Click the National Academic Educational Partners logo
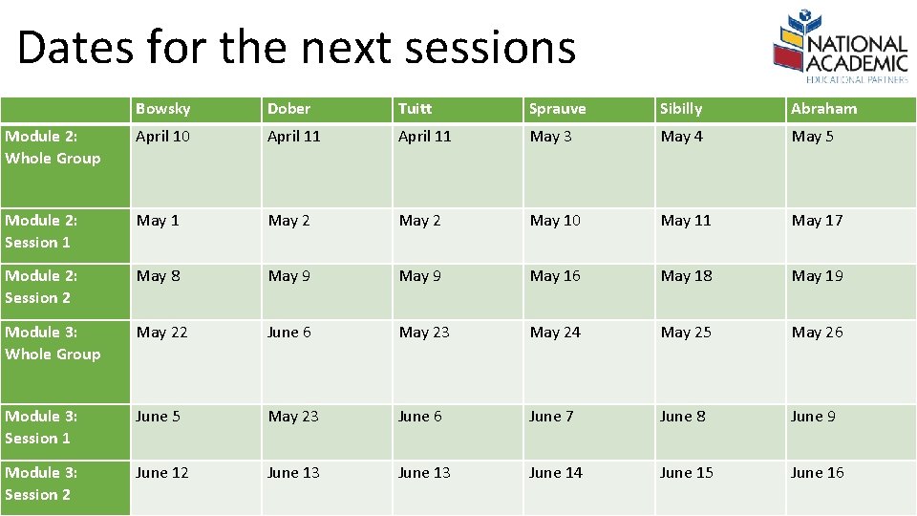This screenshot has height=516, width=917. (840, 44)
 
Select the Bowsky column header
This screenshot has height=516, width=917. (163, 109)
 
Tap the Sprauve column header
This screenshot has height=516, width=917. (558, 109)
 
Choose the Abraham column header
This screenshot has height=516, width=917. (823, 109)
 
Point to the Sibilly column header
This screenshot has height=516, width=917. (681, 109)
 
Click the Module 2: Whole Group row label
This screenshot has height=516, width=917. (53, 147)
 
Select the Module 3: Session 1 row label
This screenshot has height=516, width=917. (39, 427)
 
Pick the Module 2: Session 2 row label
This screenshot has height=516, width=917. (39, 287)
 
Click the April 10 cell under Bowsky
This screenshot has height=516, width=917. (163, 137)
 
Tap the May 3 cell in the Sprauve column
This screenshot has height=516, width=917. (551, 137)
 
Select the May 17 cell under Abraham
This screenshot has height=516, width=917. (817, 221)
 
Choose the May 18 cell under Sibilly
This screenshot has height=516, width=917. (687, 276)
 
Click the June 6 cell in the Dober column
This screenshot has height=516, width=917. (288, 333)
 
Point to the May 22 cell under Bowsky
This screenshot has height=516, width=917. (162, 333)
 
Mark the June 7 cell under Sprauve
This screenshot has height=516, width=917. (551, 417)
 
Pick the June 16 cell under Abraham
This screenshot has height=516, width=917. (817, 473)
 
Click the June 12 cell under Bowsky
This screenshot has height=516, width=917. (161, 473)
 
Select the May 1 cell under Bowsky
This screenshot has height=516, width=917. (158, 221)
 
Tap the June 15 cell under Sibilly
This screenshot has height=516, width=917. (686, 473)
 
